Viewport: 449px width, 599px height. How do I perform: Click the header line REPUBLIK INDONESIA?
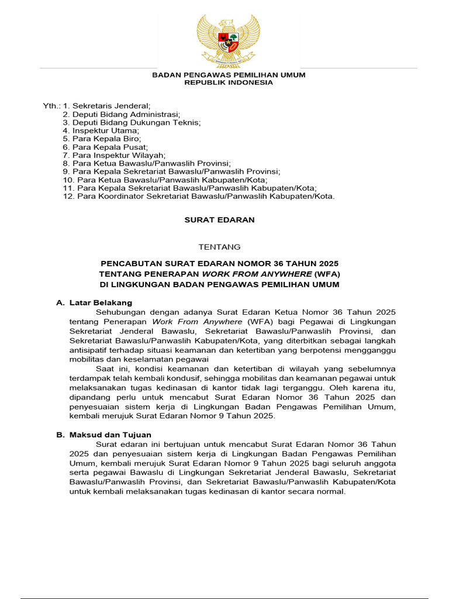click(x=229, y=83)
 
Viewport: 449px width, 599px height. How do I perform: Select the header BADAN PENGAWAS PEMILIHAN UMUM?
click(x=229, y=75)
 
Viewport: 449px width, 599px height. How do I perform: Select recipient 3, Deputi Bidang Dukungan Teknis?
click(x=132, y=122)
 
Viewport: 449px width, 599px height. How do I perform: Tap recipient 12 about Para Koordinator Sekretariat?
click(x=199, y=196)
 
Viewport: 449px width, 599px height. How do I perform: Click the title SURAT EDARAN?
click(x=220, y=221)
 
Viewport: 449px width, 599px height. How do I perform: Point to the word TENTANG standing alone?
click(x=220, y=247)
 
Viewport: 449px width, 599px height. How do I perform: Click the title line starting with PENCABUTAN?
click(x=219, y=263)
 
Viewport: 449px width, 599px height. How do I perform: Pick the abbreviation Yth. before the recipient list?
click(x=51, y=106)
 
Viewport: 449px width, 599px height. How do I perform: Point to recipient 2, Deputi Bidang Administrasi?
click(x=122, y=114)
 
